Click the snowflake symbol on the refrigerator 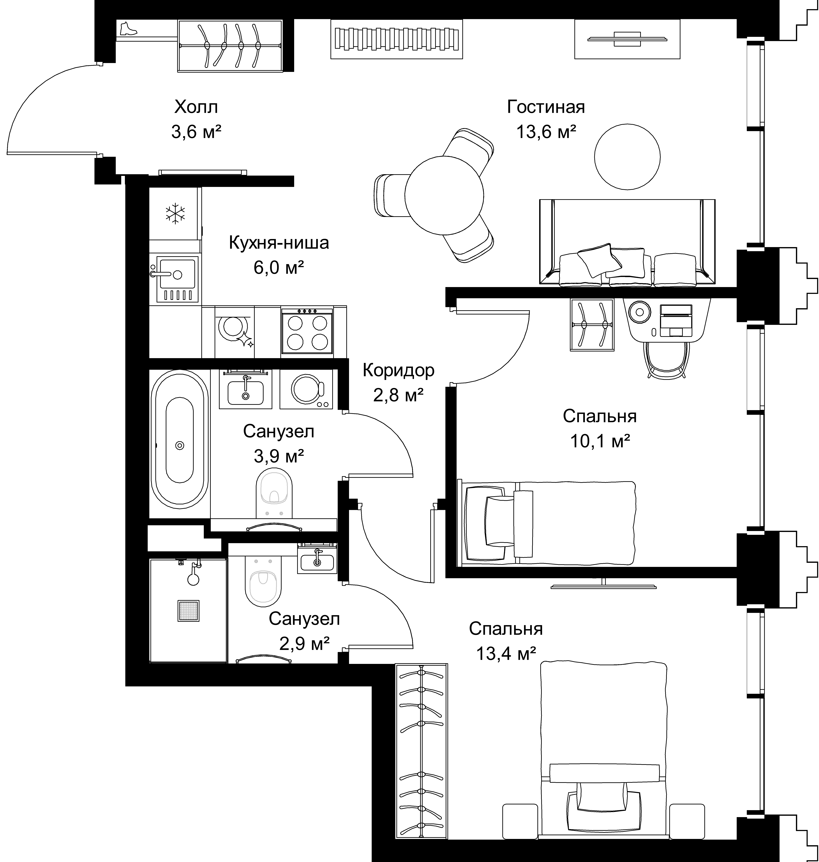pyautogui.click(x=175, y=213)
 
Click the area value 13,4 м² pyautogui.click(x=506, y=654)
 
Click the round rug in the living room pyautogui.click(x=627, y=157)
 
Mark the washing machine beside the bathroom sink pyautogui.click(x=306, y=389)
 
